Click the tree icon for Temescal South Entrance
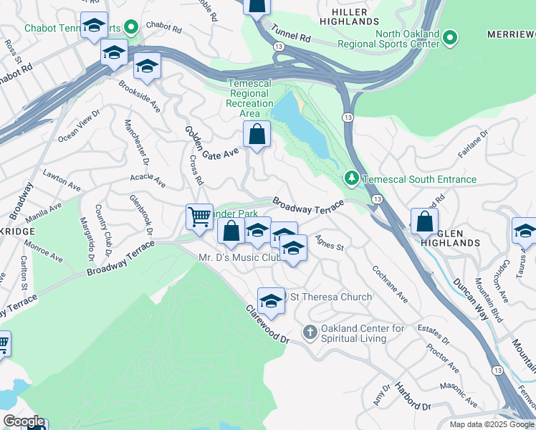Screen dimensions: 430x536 click(x=351, y=177)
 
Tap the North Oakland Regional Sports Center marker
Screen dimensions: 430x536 click(x=449, y=37)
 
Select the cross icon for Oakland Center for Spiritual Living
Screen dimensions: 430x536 click(x=310, y=331)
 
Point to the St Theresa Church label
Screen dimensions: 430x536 click(x=330, y=297)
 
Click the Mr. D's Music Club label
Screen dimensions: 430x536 click(x=238, y=257)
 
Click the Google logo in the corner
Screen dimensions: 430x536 click(x=24, y=421)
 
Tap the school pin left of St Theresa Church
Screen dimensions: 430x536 click(x=271, y=301)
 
